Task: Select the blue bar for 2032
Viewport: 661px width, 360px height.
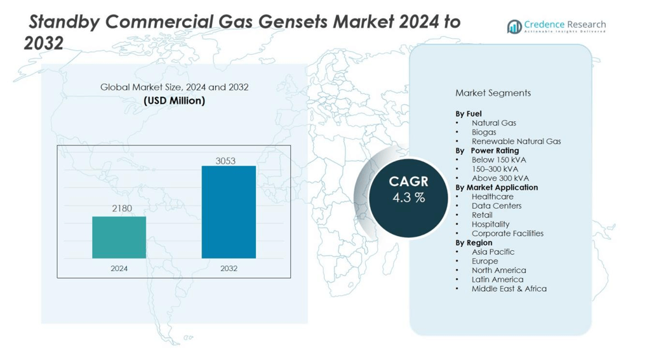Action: [x=229, y=212]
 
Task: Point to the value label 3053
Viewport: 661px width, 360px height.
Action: [x=225, y=161]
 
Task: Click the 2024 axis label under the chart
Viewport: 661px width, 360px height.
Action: [x=119, y=269]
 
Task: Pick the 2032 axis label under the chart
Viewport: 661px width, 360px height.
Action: [x=229, y=269]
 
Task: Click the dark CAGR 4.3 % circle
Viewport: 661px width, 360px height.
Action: [x=408, y=197]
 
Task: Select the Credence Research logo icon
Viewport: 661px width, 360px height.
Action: [x=514, y=26]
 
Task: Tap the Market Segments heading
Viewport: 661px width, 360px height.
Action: [x=493, y=93]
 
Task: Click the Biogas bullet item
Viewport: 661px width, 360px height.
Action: [x=484, y=132]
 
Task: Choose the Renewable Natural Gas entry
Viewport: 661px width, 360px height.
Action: [x=516, y=141]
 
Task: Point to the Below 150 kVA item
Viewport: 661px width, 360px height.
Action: [x=498, y=159]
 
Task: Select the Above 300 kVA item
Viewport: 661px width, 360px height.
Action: [x=500, y=178]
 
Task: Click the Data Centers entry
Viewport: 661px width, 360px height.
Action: [x=496, y=206]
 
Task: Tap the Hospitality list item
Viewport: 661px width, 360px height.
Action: [x=490, y=224]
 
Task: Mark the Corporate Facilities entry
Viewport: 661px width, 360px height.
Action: [x=507, y=233]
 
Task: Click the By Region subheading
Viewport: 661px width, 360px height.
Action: [x=474, y=243]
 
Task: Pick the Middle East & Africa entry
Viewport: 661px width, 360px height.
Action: [x=509, y=288]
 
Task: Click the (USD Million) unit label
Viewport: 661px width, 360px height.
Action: [x=174, y=100]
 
